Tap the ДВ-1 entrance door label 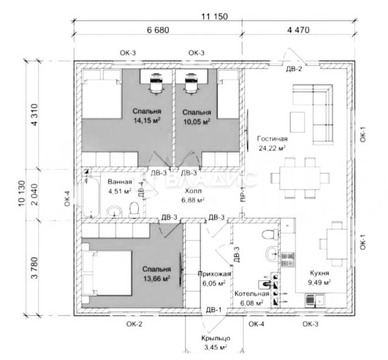click(214, 311)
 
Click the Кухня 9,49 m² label click(319, 278)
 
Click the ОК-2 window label click(134, 324)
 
